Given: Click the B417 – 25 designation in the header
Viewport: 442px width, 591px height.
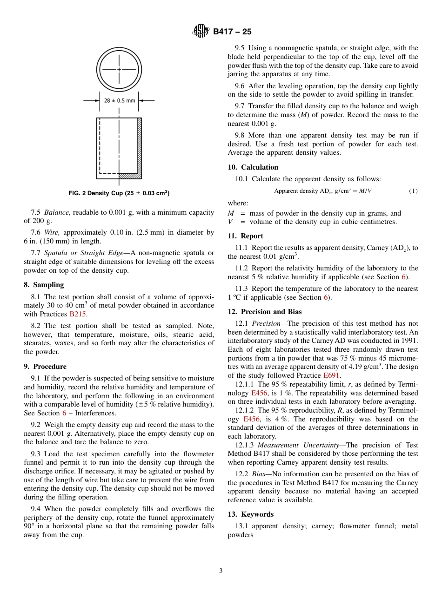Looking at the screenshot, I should point(232,32).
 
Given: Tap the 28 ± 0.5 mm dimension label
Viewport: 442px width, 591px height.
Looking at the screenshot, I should point(120,100).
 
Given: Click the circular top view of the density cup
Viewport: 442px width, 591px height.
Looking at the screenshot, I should point(119,69).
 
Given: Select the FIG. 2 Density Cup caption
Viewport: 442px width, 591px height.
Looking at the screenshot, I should point(119,193).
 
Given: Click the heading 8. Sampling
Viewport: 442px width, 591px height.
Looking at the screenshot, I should point(44,285).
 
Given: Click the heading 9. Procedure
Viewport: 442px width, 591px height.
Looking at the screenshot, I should point(45,367).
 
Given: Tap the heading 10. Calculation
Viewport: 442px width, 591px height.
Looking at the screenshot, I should point(253,167).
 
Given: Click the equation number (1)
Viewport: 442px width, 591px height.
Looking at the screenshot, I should point(413,191).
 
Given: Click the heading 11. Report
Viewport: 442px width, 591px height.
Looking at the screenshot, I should point(246,236).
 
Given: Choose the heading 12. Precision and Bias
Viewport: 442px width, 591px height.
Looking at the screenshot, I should point(265,312).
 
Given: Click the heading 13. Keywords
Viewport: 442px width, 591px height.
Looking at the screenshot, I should point(251,514).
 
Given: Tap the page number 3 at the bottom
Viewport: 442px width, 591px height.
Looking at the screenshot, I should point(221,571).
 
